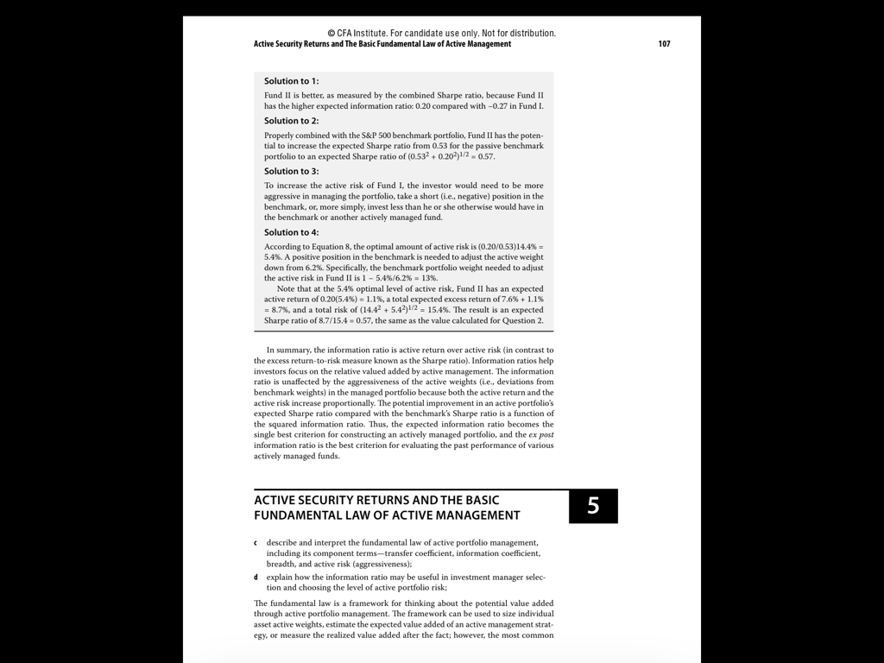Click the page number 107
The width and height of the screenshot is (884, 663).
pyautogui.click(x=664, y=44)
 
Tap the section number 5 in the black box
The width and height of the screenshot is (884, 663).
pyautogui.click(x=593, y=506)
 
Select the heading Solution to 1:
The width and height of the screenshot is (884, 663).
pyautogui.click(x=291, y=81)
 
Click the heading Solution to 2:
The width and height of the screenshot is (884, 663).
pyautogui.click(x=291, y=121)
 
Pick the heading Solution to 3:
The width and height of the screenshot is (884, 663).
pyautogui.click(x=291, y=171)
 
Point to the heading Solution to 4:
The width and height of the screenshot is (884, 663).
pyautogui.click(x=291, y=232)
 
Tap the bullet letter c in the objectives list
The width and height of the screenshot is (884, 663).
pyautogui.click(x=256, y=543)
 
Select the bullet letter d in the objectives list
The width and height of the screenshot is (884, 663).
pyautogui.click(x=256, y=577)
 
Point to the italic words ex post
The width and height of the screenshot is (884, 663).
pyautogui.click(x=541, y=435)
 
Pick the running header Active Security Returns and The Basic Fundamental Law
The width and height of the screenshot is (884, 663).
pyautogui.click(x=382, y=44)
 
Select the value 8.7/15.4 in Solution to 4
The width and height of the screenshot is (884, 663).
pyautogui.click(x=338, y=320)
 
